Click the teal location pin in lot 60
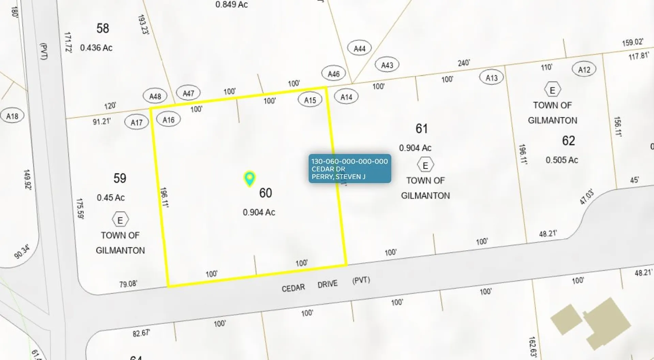250,178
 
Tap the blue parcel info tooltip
349,169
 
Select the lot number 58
103,28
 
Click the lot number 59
120,178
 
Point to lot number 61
421,129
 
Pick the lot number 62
568,141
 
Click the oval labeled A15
310,100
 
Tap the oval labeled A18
12,116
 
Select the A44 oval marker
359,49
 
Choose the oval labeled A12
584,69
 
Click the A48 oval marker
155,96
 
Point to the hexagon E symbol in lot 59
120,220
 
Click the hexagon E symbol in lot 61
425,166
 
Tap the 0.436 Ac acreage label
96,48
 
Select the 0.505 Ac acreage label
562,160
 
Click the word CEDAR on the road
293,288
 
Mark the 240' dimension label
464,63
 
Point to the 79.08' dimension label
128,284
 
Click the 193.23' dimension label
143,25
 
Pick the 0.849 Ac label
231,4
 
